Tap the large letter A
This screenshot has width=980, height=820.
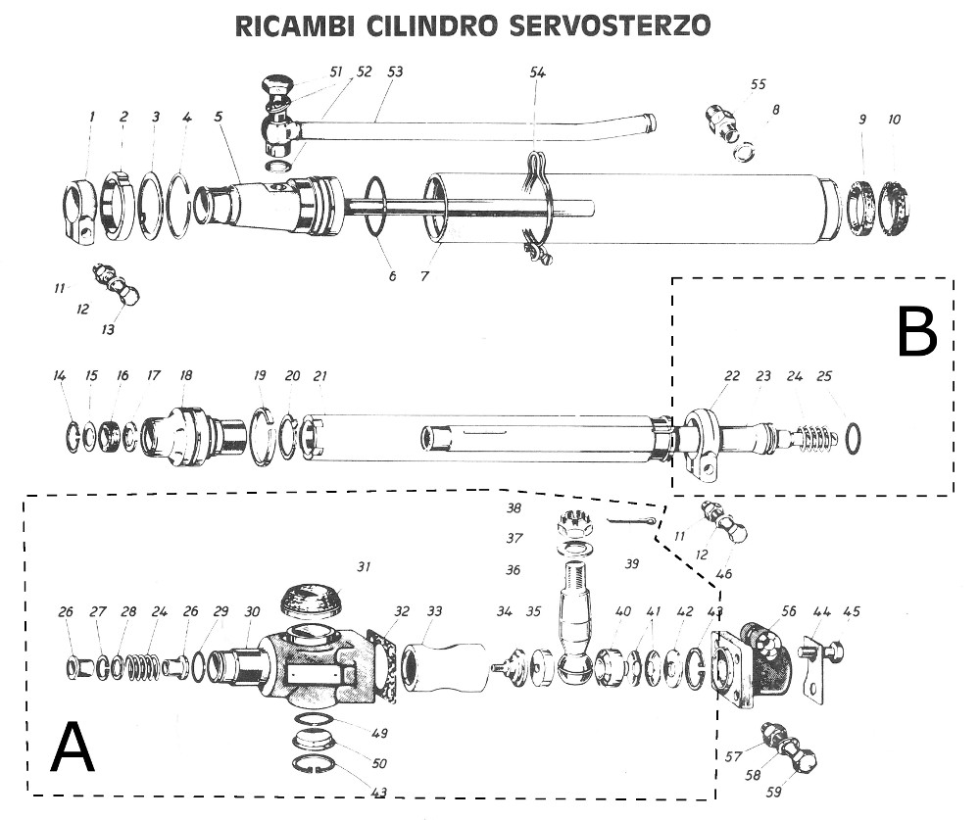point(73,748)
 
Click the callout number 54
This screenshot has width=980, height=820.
point(537,73)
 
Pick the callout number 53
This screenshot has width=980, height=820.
point(395,72)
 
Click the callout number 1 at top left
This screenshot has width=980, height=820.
point(91,117)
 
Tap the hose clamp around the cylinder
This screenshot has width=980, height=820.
point(536,211)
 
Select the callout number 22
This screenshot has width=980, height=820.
point(732,376)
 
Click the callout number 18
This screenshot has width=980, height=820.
point(186,375)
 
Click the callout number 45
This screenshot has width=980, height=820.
point(852,612)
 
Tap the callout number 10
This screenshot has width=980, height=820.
point(894,120)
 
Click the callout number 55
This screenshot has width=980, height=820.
point(758,85)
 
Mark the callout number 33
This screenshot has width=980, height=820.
point(434,611)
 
